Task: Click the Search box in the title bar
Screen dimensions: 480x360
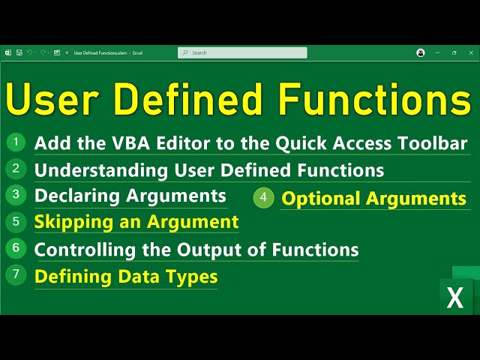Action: (x=242, y=52)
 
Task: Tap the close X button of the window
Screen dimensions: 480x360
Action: (x=471, y=52)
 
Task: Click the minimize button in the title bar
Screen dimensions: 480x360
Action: (x=437, y=52)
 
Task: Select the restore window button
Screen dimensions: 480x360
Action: (x=454, y=52)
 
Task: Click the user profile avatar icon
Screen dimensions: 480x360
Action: (x=421, y=52)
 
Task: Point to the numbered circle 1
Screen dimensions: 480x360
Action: (x=16, y=142)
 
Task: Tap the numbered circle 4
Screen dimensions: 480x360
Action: (x=263, y=197)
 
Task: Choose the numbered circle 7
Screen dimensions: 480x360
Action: (x=16, y=274)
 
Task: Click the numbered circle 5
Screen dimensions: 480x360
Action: (x=16, y=222)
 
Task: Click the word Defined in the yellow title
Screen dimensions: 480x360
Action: (x=189, y=100)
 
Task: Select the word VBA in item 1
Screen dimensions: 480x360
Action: (x=130, y=143)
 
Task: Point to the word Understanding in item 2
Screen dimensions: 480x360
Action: (x=101, y=170)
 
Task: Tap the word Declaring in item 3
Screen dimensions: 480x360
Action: (x=76, y=196)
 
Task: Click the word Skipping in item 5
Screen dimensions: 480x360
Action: (x=73, y=223)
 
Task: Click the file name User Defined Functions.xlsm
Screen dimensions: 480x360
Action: (x=100, y=53)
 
